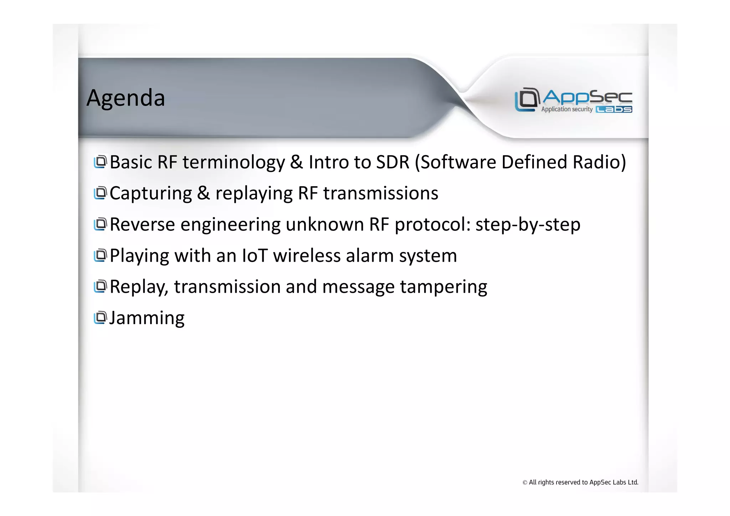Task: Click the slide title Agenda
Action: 125,98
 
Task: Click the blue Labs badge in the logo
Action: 614,109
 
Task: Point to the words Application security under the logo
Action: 567,109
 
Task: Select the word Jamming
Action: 147,318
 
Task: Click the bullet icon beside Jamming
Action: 100,317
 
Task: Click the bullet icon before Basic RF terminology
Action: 100,162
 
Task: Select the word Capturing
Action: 151,194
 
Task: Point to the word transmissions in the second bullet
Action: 380,193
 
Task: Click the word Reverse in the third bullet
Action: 142,225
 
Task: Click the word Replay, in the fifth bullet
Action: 139,287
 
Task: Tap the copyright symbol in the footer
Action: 525,483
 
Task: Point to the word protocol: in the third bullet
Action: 432,225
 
